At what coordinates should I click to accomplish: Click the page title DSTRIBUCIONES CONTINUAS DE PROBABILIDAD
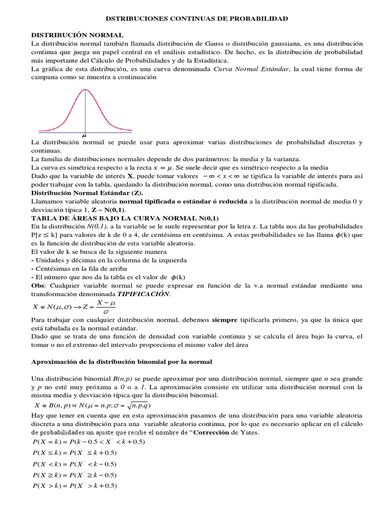(197, 19)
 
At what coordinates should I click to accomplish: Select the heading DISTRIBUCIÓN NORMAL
(77, 36)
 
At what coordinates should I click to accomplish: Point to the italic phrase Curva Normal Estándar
(251, 69)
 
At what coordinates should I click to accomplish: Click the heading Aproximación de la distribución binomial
(122, 361)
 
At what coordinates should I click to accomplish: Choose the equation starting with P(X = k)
(88, 442)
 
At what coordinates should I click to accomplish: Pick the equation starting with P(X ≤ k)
(74, 453)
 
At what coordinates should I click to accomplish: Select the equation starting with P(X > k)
(74, 485)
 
